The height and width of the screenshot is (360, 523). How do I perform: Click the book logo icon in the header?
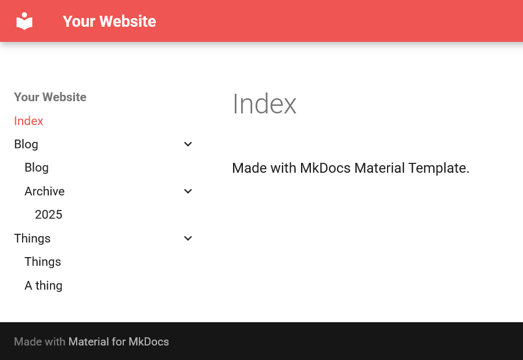pos(24,21)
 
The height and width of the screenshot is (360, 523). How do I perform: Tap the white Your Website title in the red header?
pos(109,22)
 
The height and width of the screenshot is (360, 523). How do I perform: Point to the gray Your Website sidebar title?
pos(50,97)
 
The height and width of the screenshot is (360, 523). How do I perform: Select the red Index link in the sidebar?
pos(28,121)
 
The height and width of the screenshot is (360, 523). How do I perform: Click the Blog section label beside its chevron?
pos(26,145)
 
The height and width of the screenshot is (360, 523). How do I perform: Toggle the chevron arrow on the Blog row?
pos(188,144)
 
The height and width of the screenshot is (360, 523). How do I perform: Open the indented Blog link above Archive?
pos(37,168)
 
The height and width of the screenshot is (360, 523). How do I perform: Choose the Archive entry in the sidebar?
pos(45,191)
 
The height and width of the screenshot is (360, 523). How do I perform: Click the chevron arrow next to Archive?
pos(188,191)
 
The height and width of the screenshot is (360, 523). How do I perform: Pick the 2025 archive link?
pos(49,215)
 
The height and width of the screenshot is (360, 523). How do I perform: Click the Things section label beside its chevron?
pos(33,239)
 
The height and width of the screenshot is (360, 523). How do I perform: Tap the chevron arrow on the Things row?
pos(188,238)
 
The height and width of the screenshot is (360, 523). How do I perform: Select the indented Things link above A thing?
pos(42,262)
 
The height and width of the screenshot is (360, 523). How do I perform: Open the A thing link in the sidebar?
pos(44,286)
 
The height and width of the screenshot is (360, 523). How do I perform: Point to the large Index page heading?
pos(264,104)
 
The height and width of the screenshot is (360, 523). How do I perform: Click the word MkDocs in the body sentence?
pos(325,168)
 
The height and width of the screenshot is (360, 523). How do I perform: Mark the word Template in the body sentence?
pos(439,168)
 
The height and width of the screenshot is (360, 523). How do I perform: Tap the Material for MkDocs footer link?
pos(119,341)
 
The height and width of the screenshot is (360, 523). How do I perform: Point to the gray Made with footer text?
pos(40,341)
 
